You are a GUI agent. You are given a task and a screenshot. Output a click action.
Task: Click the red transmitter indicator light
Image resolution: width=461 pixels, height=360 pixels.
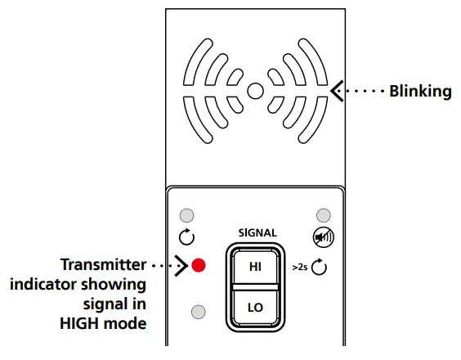(199, 265)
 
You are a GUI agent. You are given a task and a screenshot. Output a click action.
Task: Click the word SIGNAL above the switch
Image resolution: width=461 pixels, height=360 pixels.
(257, 232)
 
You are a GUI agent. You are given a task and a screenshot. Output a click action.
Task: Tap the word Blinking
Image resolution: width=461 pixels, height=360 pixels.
(420, 91)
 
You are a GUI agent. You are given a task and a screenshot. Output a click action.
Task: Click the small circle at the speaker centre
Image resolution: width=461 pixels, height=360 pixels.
(256, 91)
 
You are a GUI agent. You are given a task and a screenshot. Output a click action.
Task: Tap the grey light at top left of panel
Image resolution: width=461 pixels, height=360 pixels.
(187, 215)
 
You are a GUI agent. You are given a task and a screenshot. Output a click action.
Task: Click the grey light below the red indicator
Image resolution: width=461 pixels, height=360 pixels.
(199, 311)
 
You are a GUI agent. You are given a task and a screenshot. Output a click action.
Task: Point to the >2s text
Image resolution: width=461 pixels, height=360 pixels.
(300, 267)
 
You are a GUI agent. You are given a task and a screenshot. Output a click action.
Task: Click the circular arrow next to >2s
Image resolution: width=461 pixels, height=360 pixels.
(320, 266)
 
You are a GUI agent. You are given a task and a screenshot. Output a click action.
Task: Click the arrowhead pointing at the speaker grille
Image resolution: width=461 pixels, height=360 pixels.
(336, 91)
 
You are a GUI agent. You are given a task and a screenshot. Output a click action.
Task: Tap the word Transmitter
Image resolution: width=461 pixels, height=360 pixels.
(104, 265)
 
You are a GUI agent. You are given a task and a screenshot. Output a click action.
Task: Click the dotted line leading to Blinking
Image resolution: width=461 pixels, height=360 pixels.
(363, 91)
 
